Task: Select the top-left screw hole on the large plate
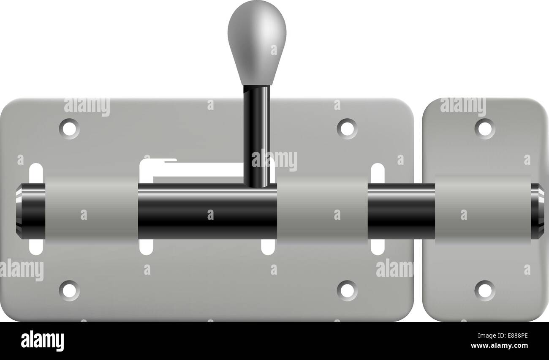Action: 69,129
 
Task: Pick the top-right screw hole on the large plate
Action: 347,129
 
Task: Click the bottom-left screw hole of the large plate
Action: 69,290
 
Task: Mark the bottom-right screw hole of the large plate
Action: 347,290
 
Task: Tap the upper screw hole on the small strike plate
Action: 484,129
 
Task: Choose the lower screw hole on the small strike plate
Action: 484,290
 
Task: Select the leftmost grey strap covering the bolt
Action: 91,210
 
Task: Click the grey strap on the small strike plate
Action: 483,210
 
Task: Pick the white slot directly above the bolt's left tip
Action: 36,173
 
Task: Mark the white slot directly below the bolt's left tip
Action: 36,247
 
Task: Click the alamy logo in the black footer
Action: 42,341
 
